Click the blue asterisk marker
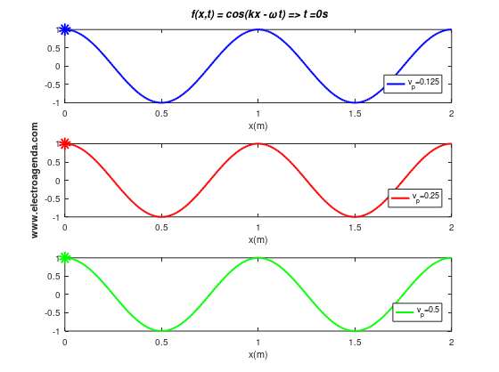(x=65, y=29)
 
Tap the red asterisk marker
(x=65, y=143)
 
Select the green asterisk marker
(x=65, y=258)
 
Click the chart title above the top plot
(x=259, y=14)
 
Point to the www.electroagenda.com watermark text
(x=35, y=181)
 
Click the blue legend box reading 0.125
(x=413, y=84)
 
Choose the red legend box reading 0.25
(x=415, y=198)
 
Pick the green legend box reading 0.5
(x=417, y=312)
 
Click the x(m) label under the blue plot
(x=258, y=125)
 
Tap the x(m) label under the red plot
(x=258, y=240)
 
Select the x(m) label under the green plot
(x=258, y=354)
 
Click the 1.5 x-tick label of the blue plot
(x=355, y=114)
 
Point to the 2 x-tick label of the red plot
(x=451, y=228)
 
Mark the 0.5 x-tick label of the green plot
(x=161, y=342)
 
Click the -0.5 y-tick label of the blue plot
(x=53, y=85)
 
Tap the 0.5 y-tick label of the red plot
(x=53, y=163)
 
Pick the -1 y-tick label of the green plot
(x=56, y=331)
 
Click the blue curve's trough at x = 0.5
(x=161, y=102)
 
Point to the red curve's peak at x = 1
(x=258, y=143)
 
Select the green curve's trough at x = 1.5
(x=355, y=331)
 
